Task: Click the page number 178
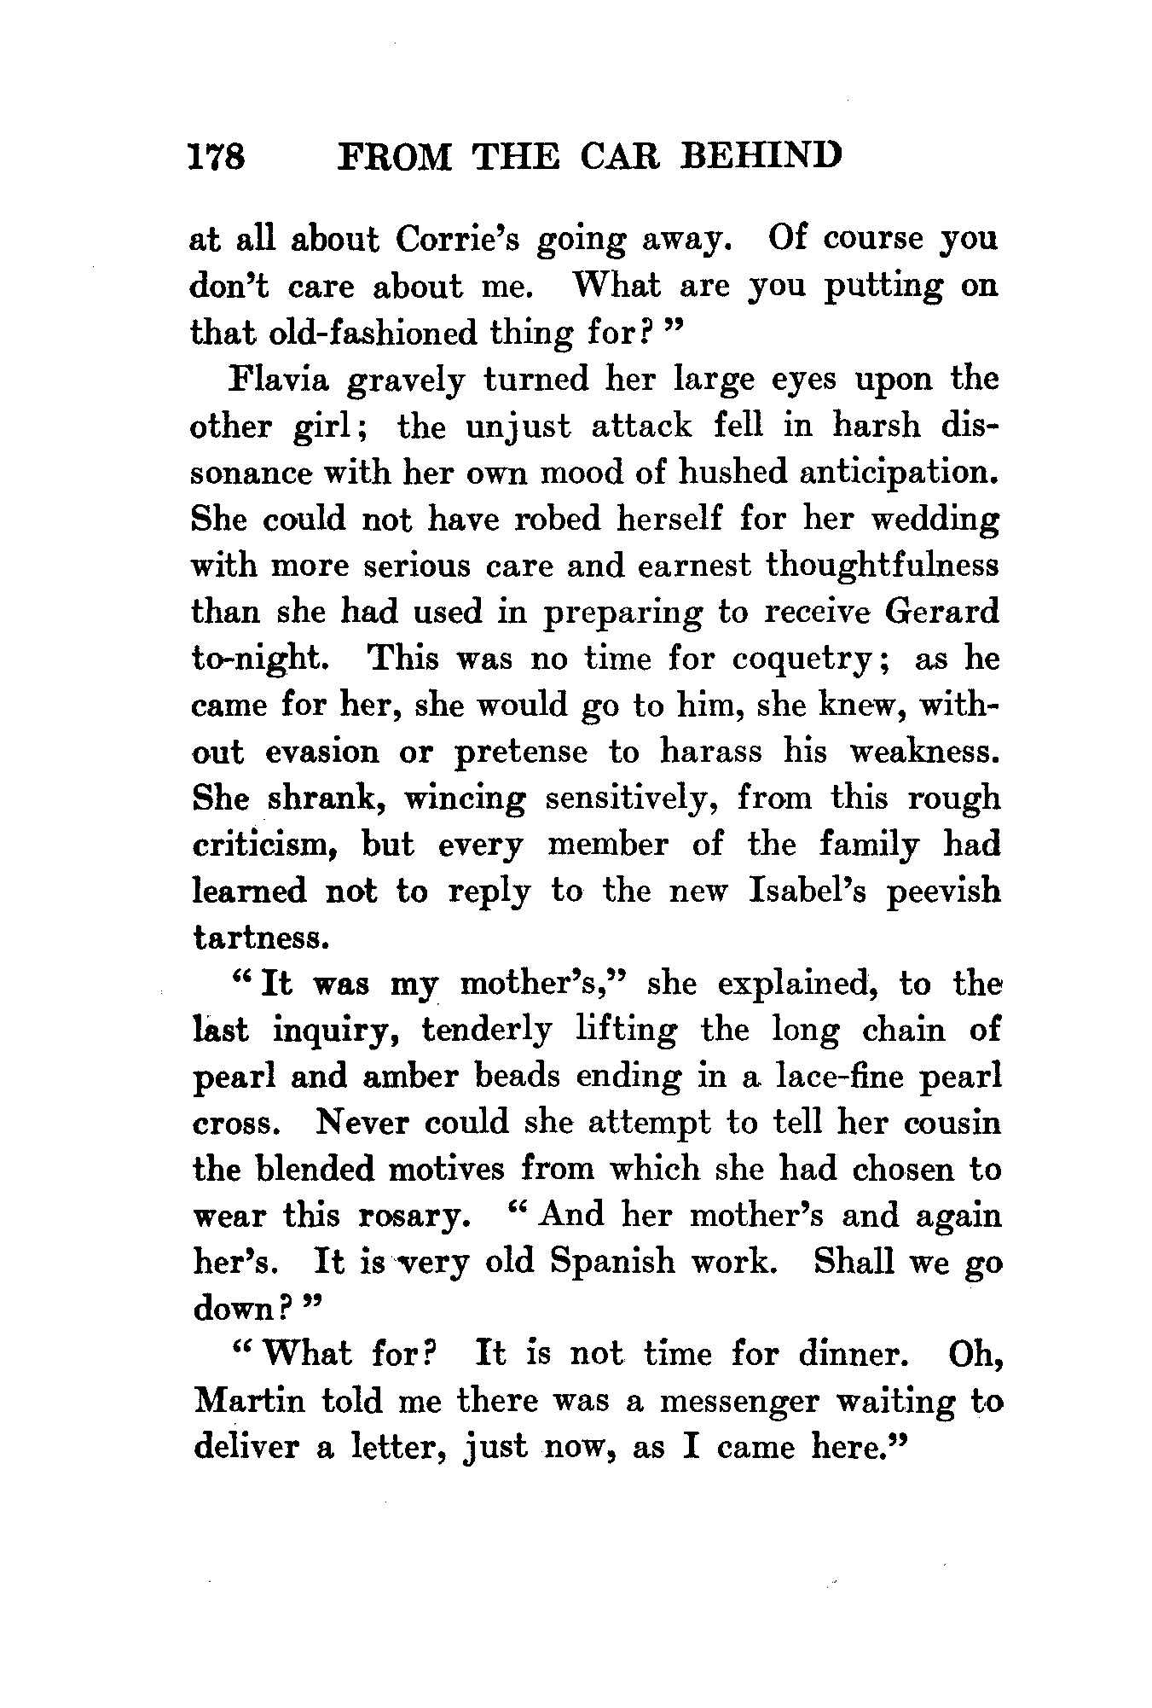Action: click(x=217, y=157)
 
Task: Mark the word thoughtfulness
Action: click(x=882, y=565)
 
